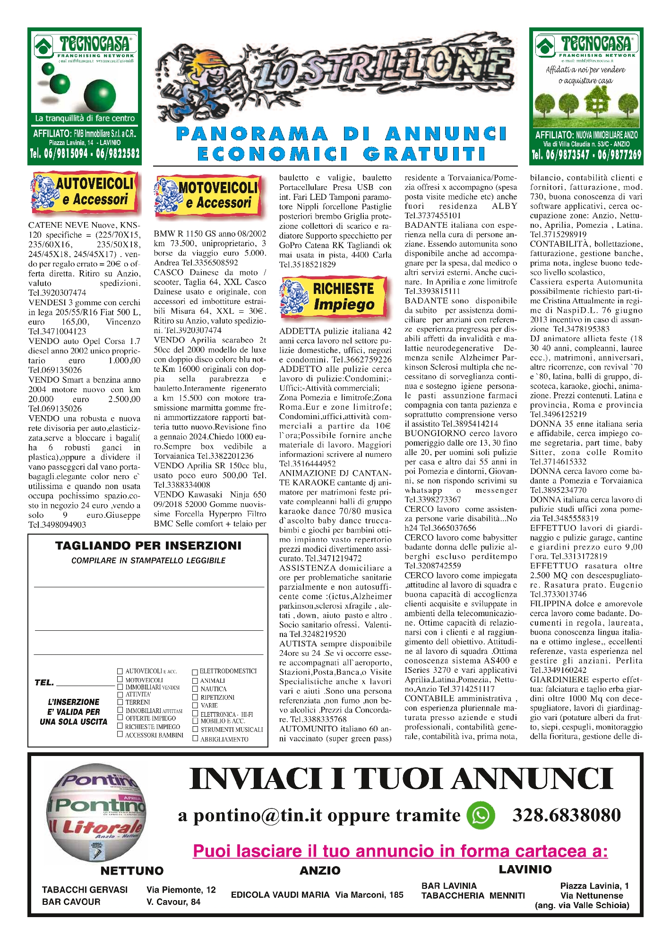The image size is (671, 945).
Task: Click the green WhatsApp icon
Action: pyautogui.click(x=481, y=815)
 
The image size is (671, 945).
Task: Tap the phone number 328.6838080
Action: pyautogui.click(x=567, y=815)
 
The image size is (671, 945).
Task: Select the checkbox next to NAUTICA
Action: pyautogui.click(x=195, y=689)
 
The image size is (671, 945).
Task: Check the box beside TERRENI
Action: pyautogui.click(x=120, y=702)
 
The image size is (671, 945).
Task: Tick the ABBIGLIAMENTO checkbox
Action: pyautogui.click(x=195, y=739)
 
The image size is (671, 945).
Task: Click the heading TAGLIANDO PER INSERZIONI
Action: pyautogui.click(x=148, y=546)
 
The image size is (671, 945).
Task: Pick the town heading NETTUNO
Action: pyautogui.click(x=132, y=871)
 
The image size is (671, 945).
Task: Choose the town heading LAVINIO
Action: pyautogui.click(x=525, y=869)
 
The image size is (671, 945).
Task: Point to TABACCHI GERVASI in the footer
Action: pyautogui.click(x=85, y=890)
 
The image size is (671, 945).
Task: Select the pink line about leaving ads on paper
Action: pyautogui.click(x=400, y=851)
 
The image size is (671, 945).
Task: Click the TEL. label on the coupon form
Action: pyautogui.click(x=44, y=683)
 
